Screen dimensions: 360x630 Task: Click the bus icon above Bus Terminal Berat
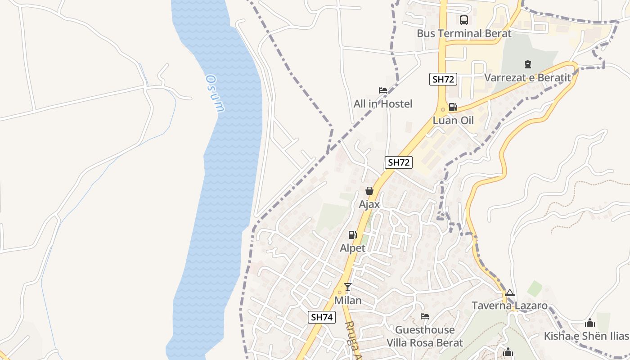tap(463, 20)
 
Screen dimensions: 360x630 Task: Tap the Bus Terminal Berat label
tap(464, 34)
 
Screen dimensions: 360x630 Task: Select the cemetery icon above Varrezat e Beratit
tap(528, 64)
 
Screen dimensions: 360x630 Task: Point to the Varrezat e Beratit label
tap(527, 78)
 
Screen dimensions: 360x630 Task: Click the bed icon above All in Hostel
tap(383, 90)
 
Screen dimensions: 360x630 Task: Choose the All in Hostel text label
tap(383, 104)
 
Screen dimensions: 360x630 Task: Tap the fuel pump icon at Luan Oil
tap(453, 107)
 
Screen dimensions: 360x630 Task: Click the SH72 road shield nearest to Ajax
tap(399, 162)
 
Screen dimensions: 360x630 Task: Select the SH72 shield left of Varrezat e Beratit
tap(443, 80)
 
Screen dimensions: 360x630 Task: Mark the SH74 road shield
tap(322, 317)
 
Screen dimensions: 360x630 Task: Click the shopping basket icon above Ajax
tap(369, 191)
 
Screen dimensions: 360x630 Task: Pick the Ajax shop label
tap(369, 204)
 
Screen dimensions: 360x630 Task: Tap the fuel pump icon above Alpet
tap(353, 234)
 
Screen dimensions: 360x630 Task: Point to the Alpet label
tap(353, 248)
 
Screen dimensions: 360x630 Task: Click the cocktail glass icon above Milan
tap(348, 287)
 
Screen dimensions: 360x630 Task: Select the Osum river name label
tap(215, 94)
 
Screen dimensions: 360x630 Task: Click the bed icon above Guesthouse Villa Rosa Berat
tap(424, 316)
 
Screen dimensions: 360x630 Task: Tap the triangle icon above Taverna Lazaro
tap(509, 293)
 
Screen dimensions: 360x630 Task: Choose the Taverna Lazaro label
tap(509, 306)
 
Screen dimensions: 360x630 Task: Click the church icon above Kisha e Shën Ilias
tap(590, 323)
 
